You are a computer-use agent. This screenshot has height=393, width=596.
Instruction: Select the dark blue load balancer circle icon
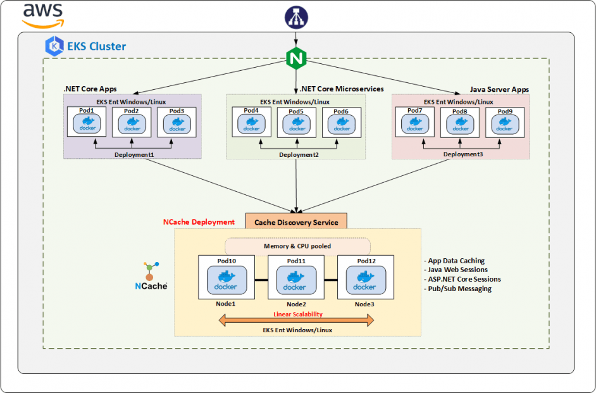[x=295, y=18]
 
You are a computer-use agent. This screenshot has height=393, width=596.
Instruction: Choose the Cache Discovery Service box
[x=296, y=221]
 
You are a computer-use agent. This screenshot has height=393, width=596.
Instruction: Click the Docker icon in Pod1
[x=88, y=125]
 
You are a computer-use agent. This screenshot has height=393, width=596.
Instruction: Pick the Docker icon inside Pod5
[x=297, y=125]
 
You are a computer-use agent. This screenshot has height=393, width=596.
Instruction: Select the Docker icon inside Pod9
[x=504, y=125]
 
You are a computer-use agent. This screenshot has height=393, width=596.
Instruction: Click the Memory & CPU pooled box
[x=297, y=246]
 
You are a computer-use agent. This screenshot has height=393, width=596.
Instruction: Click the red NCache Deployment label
[x=199, y=222]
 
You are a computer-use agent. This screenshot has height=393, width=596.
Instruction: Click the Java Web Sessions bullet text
[x=456, y=270]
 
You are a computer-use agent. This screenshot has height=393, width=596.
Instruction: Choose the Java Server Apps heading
[x=499, y=90]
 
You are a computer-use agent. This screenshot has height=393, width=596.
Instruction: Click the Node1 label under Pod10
[x=225, y=304]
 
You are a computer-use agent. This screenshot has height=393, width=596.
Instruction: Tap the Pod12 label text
[x=366, y=261]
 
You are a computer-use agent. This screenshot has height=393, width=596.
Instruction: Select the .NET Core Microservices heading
[x=342, y=89]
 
